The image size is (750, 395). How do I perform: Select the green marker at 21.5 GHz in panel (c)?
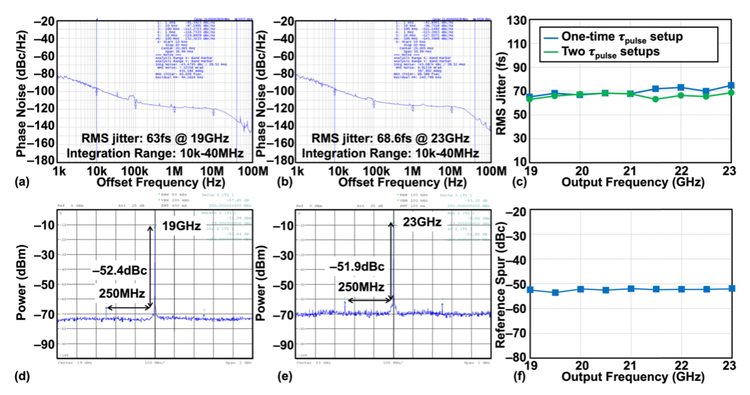click(x=656, y=99)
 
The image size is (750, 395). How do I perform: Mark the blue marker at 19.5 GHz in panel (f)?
click(x=555, y=292)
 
